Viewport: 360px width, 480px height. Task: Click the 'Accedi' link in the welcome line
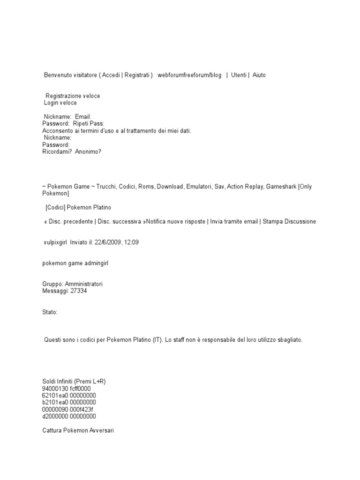[111, 75]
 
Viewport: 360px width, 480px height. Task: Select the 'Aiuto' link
[259, 75]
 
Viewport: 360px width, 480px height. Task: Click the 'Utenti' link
[239, 75]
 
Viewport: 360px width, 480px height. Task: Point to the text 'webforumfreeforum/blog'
[189, 75]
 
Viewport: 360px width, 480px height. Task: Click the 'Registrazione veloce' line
[73, 96]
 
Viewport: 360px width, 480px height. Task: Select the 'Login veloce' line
[60, 103]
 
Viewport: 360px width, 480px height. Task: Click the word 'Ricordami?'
[57, 152]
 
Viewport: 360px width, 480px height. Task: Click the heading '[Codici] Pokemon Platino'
[79, 207]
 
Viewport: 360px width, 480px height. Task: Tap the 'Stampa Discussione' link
[289, 221]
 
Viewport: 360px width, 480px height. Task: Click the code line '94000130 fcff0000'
[66, 389]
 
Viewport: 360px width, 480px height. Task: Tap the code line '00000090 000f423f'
[67, 409]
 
